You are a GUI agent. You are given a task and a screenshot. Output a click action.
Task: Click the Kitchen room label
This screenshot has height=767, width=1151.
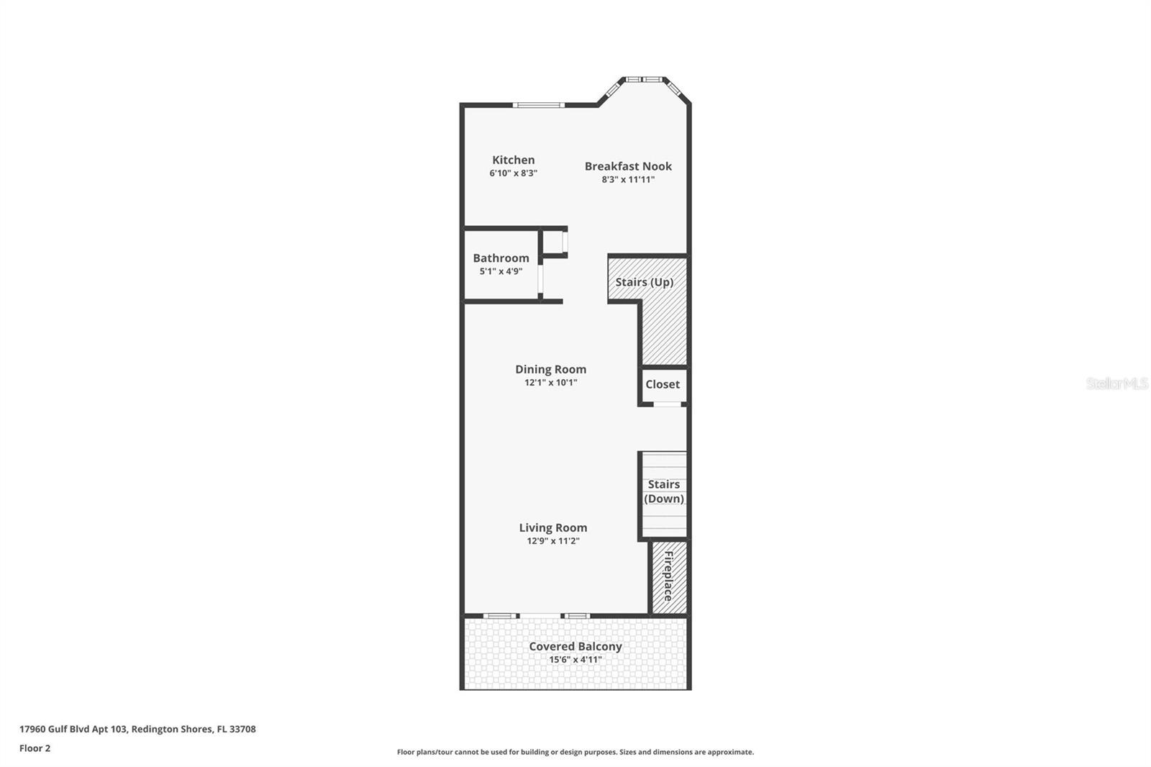click(x=513, y=160)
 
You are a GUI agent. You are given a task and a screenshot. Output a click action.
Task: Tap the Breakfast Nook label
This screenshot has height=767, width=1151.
click(x=628, y=166)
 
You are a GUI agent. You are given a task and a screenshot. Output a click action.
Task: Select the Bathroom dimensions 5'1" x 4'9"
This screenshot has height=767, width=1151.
click(x=501, y=271)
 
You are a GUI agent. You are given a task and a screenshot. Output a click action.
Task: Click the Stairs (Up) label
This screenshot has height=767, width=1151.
click(x=645, y=282)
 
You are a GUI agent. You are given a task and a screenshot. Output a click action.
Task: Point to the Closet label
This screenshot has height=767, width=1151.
click(x=663, y=384)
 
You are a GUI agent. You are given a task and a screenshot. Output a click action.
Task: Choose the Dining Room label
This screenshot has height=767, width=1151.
click(x=550, y=369)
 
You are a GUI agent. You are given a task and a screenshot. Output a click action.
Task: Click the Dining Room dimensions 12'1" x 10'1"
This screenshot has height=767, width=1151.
click(x=550, y=383)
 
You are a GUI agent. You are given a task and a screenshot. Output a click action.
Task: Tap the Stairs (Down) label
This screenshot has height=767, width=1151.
click(x=664, y=491)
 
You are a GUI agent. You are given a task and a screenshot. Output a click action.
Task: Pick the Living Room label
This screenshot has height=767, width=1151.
click(x=553, y=527)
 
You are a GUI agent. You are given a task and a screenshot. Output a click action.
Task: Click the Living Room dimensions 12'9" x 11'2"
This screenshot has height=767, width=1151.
click(x=553, y=541)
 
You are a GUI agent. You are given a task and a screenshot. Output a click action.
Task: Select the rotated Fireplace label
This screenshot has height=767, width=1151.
click(x=668, y=576)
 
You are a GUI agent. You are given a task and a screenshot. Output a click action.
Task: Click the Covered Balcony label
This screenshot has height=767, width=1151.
click(x=575, y=646)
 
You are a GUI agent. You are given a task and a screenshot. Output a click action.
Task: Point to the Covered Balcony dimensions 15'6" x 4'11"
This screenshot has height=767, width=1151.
click(x=575, y=660)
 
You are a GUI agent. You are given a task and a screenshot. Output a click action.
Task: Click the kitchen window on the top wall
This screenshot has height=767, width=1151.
click(x=539, y=105)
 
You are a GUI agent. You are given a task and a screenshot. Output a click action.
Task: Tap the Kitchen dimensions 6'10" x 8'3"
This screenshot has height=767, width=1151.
click(x=513, y=173)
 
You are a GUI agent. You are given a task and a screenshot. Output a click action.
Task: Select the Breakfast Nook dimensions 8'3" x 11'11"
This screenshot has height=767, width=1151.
click(x=628, y=180)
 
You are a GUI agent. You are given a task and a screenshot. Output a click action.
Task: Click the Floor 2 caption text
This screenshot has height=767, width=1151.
click(x=35, y=748)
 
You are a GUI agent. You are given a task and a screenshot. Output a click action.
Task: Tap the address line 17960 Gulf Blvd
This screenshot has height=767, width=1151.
click(x=137, y=729)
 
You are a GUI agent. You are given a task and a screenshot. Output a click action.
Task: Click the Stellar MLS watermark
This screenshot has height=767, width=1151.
click(x=1116, y=383)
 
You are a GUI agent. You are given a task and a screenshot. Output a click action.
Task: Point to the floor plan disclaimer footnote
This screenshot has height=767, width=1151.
click(x=575, y=752)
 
